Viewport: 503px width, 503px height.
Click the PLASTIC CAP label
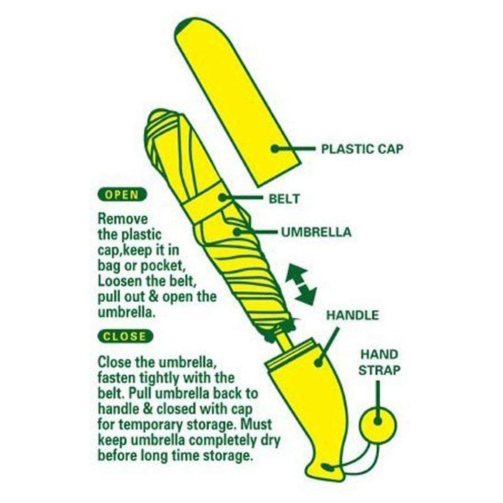(362, 149)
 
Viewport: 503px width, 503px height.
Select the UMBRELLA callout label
(316, 232)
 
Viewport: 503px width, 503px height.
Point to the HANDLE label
(352, 316)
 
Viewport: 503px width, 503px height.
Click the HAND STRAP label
(379, 362)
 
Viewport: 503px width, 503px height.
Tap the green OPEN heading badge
(121, 195)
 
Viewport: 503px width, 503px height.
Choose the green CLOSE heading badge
(124, 336)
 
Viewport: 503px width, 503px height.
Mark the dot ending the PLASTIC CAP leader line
(275, 148)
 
